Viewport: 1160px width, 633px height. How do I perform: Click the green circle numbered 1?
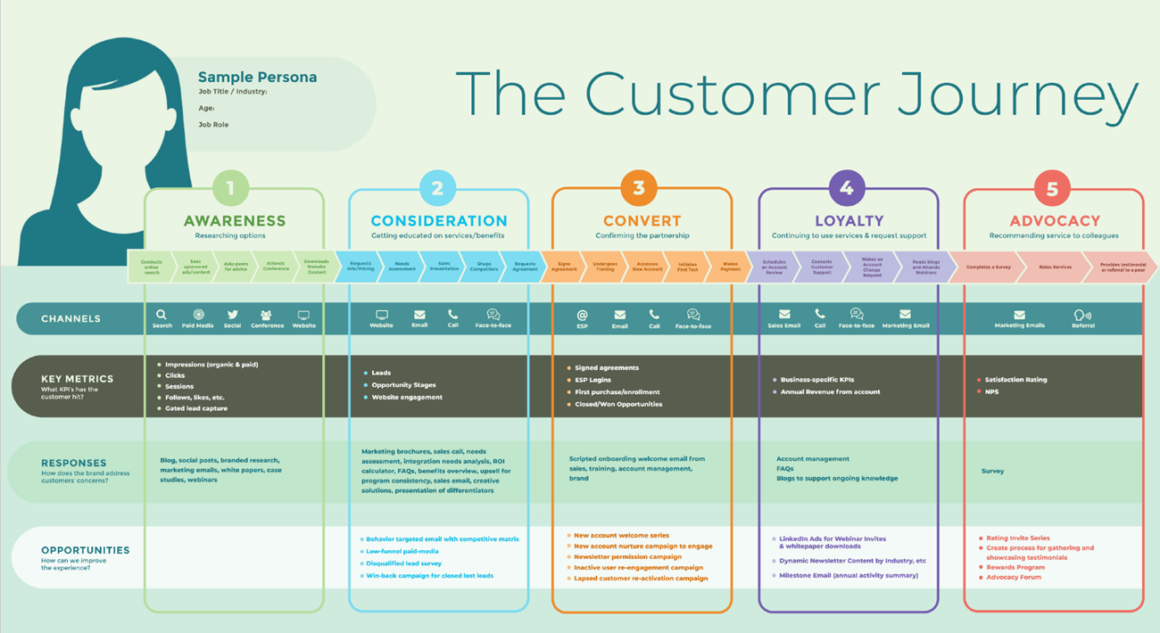(x=230, y=188)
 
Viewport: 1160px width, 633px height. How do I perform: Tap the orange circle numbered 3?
(x=639, y=188)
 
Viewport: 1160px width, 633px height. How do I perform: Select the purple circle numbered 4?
(x=847, y=188)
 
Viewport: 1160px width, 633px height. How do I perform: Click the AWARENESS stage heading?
(x=235, y=221)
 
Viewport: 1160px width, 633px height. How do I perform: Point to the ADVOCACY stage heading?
(x=1054, y=221)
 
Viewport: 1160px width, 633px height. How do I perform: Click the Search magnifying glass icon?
(x=162, y=315)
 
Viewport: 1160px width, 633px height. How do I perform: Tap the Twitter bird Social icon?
(x=232, y=315)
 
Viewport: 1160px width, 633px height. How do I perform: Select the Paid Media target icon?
(x=198, y=315)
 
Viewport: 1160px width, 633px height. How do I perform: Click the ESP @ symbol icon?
(x=582, y=315)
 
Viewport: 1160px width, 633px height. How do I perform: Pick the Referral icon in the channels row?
(x=1082, y=315)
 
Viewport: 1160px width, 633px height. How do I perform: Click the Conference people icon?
(x=266, y=315)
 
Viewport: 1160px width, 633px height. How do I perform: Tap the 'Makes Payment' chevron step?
(x=730, y=267)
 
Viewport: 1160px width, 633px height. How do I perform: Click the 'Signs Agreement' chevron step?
(x=564, y=267)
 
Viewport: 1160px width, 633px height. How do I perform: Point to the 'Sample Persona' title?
(x=257, y=78)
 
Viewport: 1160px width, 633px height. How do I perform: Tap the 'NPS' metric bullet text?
(x=990, y=391)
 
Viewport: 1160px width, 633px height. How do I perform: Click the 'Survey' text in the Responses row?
(x=992, y=471)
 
